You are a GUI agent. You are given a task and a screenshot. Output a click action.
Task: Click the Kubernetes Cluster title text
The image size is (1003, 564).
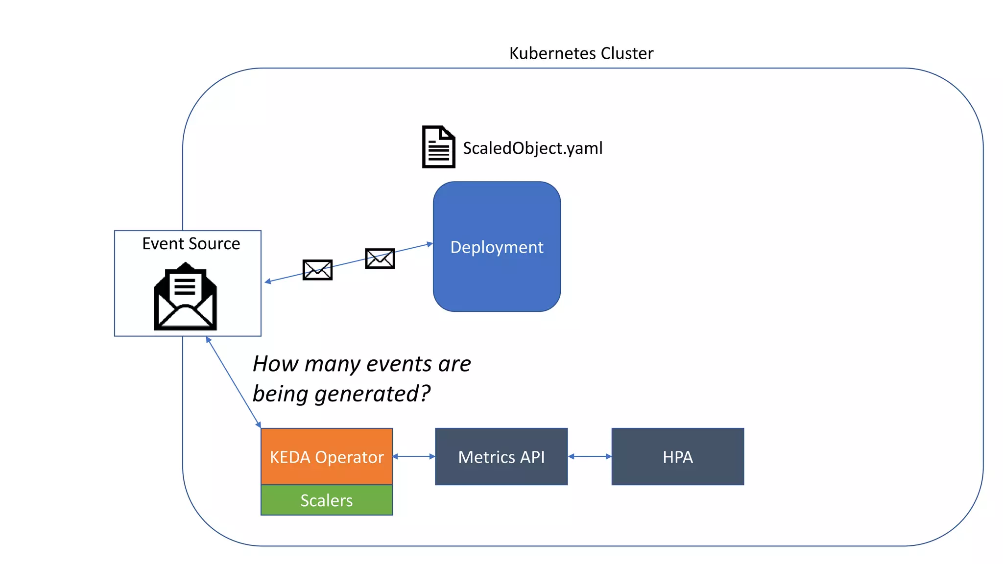(x=581, y=53)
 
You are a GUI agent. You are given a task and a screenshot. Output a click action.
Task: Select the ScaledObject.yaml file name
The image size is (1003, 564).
(x=532, y=148)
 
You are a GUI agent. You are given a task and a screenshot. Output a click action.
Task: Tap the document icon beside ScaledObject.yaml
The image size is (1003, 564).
(x=438, y=147)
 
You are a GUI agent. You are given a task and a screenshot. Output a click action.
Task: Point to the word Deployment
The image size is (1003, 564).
(x=497, y=247)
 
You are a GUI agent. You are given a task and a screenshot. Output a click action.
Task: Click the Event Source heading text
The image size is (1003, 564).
(x=191, y=243)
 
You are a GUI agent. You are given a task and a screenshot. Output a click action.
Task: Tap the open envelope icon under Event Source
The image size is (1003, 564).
(x=185, y=297)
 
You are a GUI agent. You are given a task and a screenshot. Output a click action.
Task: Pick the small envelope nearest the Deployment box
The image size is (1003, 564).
(x=380, y=258)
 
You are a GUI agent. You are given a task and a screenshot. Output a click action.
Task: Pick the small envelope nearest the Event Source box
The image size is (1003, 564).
(x=317, y=270)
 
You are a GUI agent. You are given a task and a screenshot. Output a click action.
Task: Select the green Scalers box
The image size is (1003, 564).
(x=327, y=500)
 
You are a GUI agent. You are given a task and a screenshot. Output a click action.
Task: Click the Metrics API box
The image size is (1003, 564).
(x=501, y=457)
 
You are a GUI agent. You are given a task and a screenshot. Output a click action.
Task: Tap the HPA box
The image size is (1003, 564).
(x=677, y=457)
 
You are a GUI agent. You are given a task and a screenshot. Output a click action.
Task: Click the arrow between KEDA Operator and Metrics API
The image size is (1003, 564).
(x=414, y=456)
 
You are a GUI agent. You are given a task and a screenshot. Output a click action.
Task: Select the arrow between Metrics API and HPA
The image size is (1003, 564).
(x=590, y=456)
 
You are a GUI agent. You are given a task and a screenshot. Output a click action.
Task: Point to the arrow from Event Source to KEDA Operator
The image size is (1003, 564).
(x=233, y=382)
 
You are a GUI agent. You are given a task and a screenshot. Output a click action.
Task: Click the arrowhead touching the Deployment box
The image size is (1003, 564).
(x=430, y=244)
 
